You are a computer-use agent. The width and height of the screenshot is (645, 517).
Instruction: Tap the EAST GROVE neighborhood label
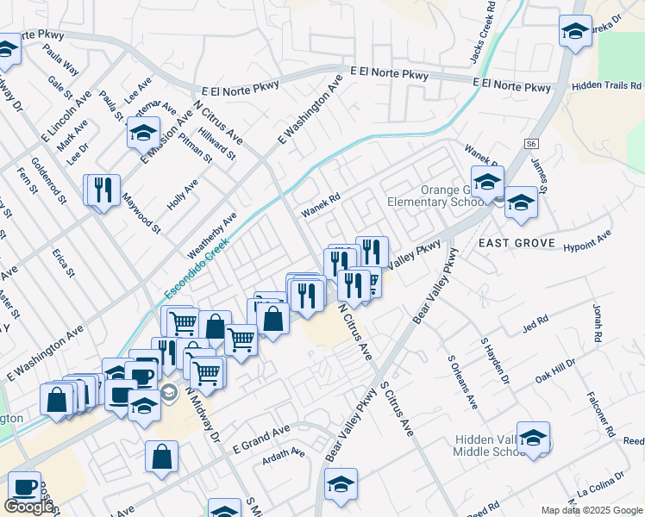tap(517, 244)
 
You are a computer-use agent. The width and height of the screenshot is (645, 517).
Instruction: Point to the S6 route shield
tap(530, 144)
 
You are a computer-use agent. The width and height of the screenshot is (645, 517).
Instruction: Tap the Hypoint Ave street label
tap(586, 240)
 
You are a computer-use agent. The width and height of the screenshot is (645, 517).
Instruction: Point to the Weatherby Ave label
tap(212, 234)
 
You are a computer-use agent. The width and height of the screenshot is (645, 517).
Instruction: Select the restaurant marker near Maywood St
tap(103, 190)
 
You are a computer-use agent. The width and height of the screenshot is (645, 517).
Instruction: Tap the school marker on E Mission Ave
tap(144, 134)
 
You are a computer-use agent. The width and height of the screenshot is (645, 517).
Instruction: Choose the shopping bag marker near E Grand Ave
tap(161, 457)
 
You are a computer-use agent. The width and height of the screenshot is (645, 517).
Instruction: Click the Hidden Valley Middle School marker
tap(533, 438)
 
